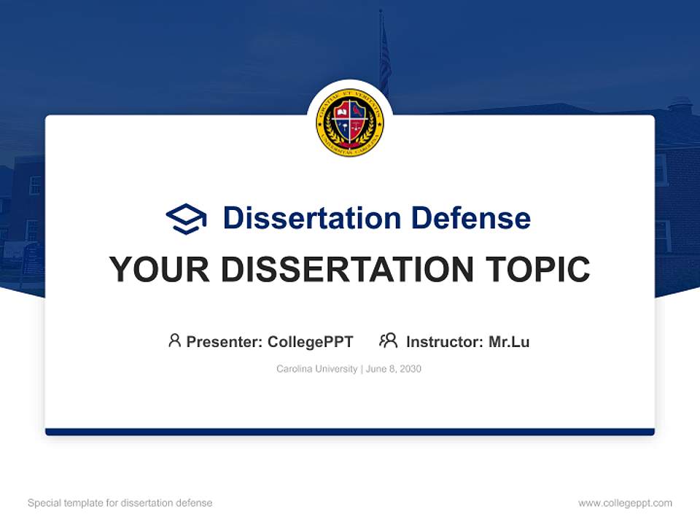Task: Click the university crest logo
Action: pyautogui.click(x=350, y=122)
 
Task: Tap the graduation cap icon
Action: pyautogui.click(x=186, y=218)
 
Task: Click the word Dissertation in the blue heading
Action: pyautogui.click(x=311, y=218)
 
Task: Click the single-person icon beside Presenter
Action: pyautogui.click(x=174, y=341)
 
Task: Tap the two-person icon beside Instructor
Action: pyautogui.click(x=388, y=341)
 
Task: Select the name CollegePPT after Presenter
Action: pyautogui.click(x=311, y=341)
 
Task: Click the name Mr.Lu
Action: pyautogui.click(x=509, y=341)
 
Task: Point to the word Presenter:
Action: pyautogui.click(x=225, y=341)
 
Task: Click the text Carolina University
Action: pyautogui.click(x=316, y=369)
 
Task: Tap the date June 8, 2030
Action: pyautogui.click(x=394, y=369)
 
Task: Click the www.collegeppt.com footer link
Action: pyautogui.click(x=625, y=503)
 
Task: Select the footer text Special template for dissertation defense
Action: pyautogui.click(x=120, y=503)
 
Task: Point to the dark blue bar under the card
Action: pyautogui.click(x=350, y=432)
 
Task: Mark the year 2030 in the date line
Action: pyautogui.click(x=410, y=369)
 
